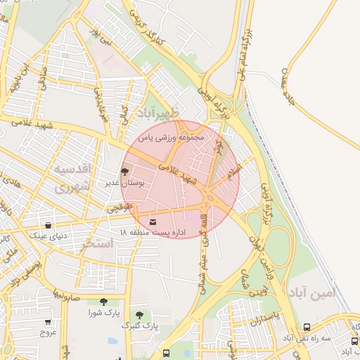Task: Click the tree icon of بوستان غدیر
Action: [x=125, y=172]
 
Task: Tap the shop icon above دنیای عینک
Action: [x=48, y=226]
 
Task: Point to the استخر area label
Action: [x=97, y=245]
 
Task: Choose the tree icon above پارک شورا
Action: [x=104, y=302]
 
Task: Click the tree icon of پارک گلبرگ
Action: [x=139, y=314]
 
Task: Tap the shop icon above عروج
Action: [x=48, y=321]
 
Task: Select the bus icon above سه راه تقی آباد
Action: [x=307, y=328]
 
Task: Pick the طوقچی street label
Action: [x=119, y=208]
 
